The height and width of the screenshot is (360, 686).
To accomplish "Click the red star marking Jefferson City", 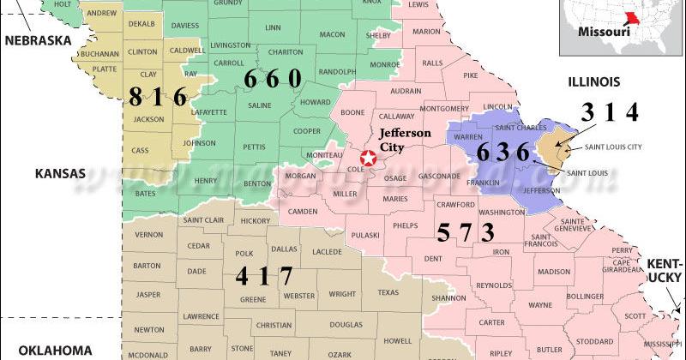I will pyautogui.click(x=368, y=158).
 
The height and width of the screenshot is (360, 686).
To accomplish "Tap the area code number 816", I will pyautogui.click(x=157, y=96).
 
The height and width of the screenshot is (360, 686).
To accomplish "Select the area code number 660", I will pyautogui.click(x=273, y=79).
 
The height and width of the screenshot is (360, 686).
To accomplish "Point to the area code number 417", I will pyautogui.click(x=263, y=276).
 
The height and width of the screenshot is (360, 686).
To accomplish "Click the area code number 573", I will pyautogui.click(x=466, y=231).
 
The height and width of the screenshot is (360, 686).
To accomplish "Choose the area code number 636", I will pyautogui.click(x=504, y=153).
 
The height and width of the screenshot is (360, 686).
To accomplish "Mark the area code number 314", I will pyautogui.click(x=610, y=112).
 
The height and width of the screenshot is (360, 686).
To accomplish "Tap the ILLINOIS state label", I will pyautogui.click(x=590, y=81).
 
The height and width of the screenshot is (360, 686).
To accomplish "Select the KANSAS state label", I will pyautogui.click(x=60, y=173).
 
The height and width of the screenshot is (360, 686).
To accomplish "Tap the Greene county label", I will pyautogui.click(x=252, y=300).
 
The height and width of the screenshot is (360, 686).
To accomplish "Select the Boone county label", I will pyautogui.click(x=352, y=112).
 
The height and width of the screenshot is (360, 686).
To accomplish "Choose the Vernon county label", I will pyautogui.click(x=148, y=234).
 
